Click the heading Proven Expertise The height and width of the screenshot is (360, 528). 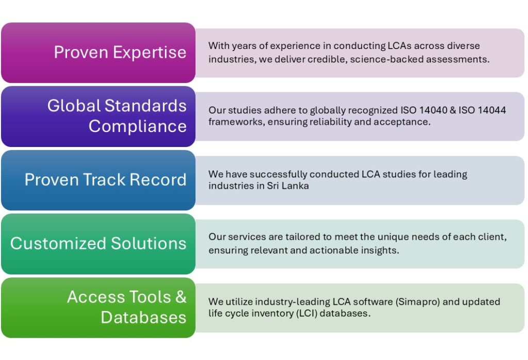coord(120,52)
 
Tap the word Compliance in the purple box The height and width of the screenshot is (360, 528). coord(138,126)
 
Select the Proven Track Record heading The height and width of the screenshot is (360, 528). coord(105,179)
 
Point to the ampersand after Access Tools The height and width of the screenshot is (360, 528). coord(181,297)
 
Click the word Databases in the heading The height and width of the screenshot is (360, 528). coord(143,317)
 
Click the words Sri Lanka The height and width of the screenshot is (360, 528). coord(288,186)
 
